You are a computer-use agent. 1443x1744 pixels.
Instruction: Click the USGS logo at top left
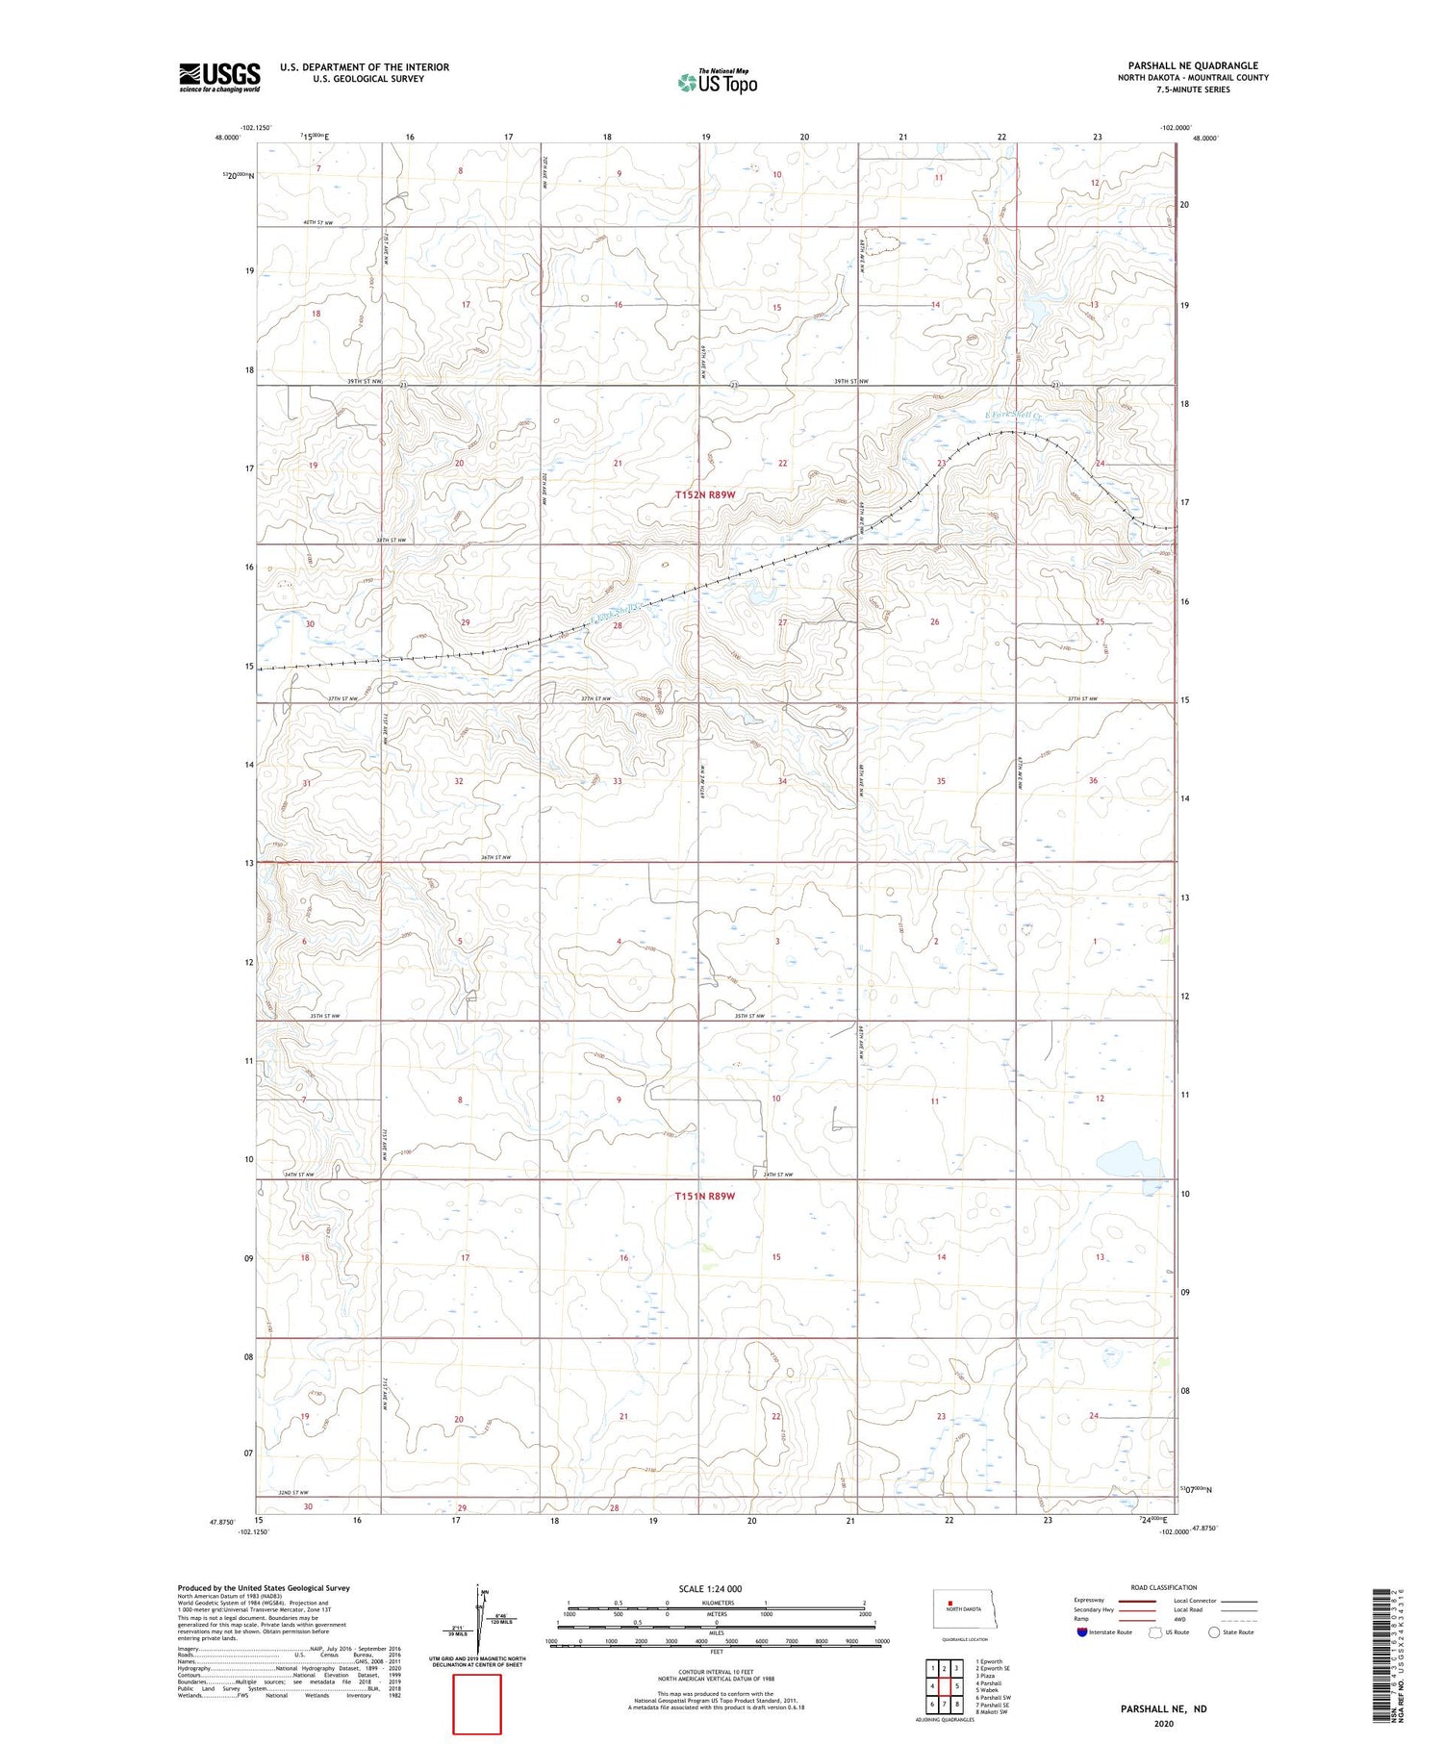[219, 77]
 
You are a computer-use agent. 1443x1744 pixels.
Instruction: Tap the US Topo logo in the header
[717, 84]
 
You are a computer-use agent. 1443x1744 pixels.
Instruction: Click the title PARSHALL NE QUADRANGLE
[1193, 65]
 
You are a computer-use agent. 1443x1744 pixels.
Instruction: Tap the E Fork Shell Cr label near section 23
[1008, 415]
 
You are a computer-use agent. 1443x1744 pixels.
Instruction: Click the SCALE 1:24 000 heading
[716, 1588]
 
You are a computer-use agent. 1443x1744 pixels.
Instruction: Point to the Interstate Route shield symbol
[1082, 1631]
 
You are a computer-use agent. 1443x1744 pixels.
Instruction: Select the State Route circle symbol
[1215, 1631]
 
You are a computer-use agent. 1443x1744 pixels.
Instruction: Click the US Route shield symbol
[1155, 1631]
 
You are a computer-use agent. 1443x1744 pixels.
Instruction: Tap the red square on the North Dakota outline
[950, 1602]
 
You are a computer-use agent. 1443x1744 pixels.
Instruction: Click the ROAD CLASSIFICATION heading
[1164, 1587]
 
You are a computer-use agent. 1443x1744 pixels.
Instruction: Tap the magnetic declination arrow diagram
[480, 1621]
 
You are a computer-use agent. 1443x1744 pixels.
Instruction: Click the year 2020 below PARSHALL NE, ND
[1163, 1724]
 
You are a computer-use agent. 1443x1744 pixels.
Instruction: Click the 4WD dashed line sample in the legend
[1238, 1619]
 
